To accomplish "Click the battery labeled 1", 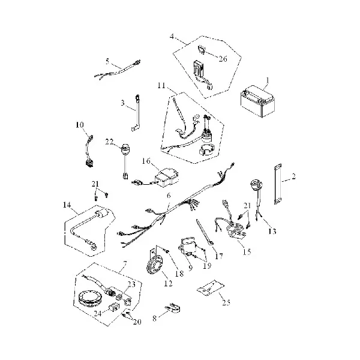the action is coord(257,101).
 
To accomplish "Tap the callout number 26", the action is coord(223,59).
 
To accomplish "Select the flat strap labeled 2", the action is coord(278,184).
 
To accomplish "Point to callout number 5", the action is coord(107,62).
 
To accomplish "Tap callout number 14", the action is coord(67,205).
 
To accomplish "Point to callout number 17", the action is coord(219,256).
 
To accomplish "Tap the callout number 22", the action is coord(109,142).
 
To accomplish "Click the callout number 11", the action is coord(161,86).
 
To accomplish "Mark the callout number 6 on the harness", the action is coord(169,196).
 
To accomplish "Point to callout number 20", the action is coord(137,322).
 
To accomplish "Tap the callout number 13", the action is coord(272,231).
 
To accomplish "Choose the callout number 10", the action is coord(80,125).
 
